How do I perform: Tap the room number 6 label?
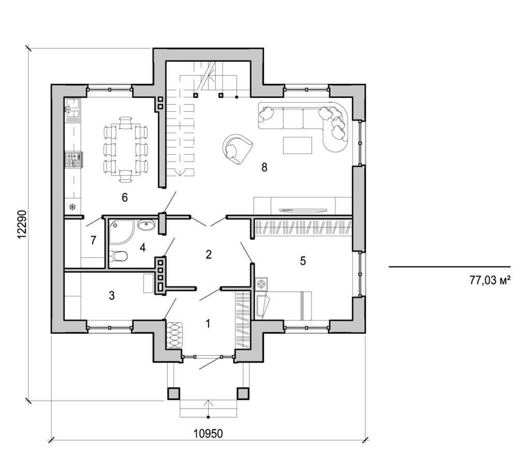click(124, 197)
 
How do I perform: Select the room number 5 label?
click(303, 261)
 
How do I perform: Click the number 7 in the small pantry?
click(93, 240)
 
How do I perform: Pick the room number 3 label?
click(111, 296)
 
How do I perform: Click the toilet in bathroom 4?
click(119, 255)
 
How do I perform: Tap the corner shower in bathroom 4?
click(120, 230)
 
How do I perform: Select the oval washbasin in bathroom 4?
click(146, 225)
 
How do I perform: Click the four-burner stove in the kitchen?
click(72, 160)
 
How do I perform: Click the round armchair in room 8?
click(237, 148)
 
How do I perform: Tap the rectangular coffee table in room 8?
click(298, 145)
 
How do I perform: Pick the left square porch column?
click(173, 393)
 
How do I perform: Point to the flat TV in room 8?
click(303, 210)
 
